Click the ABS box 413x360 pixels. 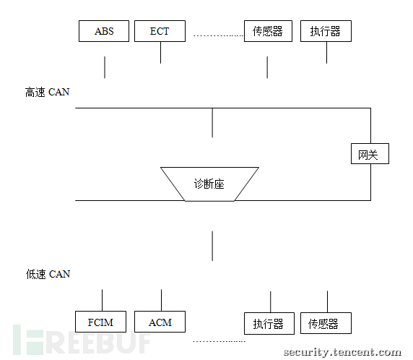coord(104,31)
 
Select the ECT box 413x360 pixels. coord(160,31)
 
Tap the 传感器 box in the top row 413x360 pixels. coord(268,31)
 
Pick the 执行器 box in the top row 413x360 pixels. coord(326,31)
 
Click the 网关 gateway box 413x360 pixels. coord(370,154)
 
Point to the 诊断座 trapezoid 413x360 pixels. coord(209,184)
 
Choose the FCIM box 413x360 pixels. coord(100,322)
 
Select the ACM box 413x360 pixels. coord(160,322)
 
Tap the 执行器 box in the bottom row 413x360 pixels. coord(269,324)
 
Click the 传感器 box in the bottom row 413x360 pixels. coord(326,323)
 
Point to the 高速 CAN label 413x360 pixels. coord(47,93)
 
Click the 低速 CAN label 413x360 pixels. coord(48,274)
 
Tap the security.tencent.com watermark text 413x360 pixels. coord(342,352)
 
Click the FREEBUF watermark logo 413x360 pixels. coord(82,340)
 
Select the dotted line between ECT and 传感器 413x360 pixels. coord(218,35)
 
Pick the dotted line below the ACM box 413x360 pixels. coord(219,341)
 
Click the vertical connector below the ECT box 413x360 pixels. coord(161,53)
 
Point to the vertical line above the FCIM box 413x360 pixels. coord(103,300)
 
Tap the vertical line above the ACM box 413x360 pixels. coord(162,300)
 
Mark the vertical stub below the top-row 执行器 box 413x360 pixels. coord(327,53)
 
